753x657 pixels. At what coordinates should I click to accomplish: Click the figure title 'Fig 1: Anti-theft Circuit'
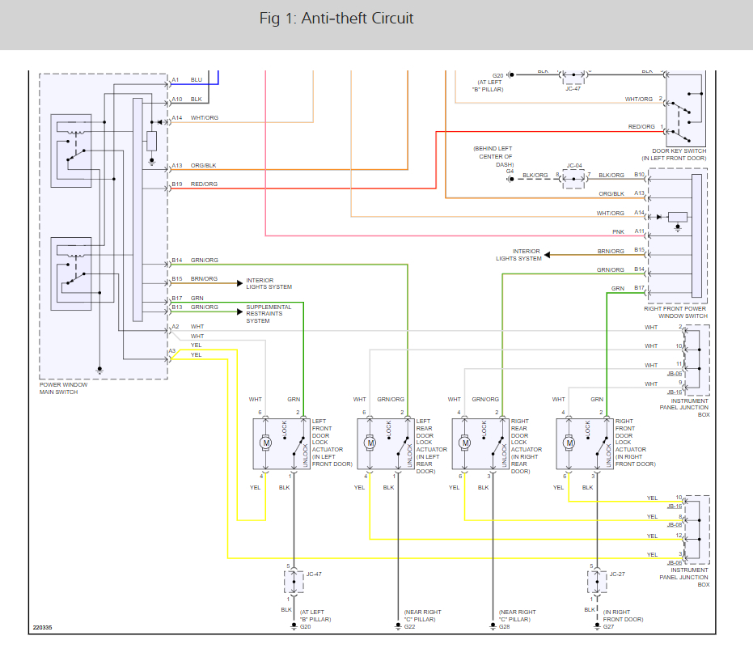[336, 19]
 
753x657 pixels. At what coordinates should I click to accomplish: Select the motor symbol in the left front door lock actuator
[265, 443]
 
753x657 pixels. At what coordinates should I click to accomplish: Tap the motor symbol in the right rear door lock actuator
[464, 443]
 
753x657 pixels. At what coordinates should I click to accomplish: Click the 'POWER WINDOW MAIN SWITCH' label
[64, 388]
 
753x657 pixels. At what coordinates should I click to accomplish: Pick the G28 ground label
[505, 627]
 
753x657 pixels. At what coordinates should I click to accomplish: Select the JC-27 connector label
[617, 574]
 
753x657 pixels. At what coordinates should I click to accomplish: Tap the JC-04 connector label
[574, 165]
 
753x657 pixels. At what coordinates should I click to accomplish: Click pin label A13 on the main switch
[177, 166]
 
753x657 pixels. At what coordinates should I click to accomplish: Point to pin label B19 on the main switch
[177, 184]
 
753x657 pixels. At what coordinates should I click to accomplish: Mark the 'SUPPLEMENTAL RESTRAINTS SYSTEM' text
[269, 314]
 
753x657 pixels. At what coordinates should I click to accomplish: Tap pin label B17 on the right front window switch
[639, 288]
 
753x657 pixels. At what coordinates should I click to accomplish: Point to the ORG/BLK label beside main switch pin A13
[204, 166]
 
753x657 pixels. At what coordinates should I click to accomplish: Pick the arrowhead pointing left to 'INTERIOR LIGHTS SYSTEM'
[548, 255]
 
